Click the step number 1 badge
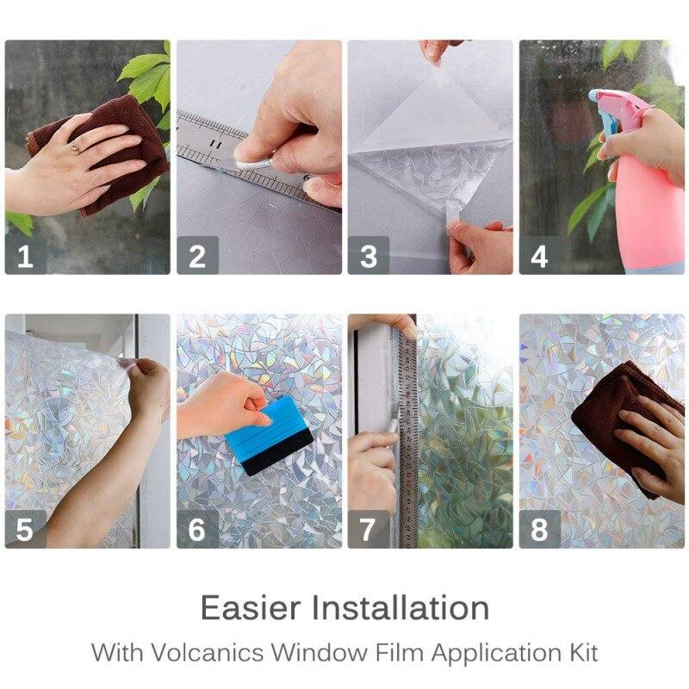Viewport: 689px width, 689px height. (25, 256)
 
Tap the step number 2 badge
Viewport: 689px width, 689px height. (197, 256)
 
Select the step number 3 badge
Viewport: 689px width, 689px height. (369, 256)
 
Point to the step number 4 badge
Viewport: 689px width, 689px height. (539, 256)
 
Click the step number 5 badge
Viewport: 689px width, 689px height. (25, 529)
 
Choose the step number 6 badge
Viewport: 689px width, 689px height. (197, 529)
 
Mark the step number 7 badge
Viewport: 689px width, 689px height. (369, 529)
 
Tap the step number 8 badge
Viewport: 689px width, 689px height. (539, 529)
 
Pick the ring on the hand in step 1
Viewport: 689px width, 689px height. (75, 147)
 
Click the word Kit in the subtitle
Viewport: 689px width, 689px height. (580, 651)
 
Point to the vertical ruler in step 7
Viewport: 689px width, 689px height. (407, 431)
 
